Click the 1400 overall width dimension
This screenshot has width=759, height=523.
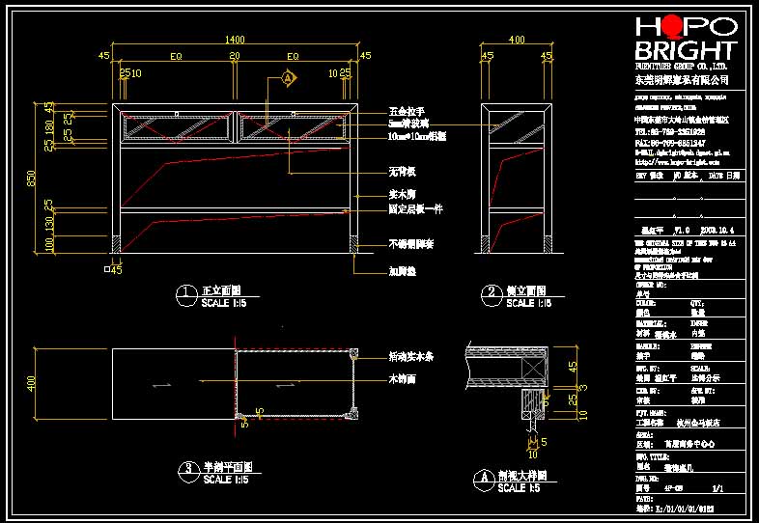point(235,40)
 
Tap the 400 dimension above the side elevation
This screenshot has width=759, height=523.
point(517,40)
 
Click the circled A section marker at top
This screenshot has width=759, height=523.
point(288,77)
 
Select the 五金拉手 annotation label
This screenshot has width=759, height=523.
point(407,112)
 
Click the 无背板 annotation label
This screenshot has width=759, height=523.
point(402,172)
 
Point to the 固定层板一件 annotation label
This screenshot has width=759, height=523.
point(415,208)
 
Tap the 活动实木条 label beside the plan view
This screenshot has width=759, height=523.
point(410,356)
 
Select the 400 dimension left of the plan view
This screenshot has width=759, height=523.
point(32,384)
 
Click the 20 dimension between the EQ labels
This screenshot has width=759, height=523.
point(235,56)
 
